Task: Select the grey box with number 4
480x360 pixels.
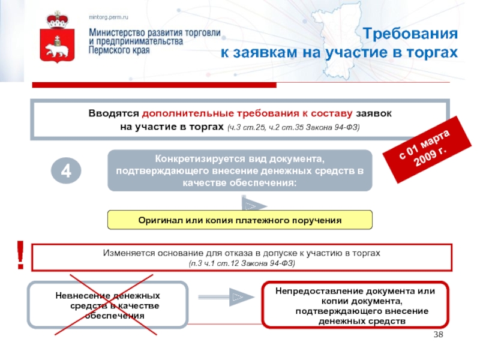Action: (x=67, y=170)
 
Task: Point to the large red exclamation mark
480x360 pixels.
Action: (x=20, y=254)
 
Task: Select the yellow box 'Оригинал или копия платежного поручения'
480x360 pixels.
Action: (x=239, y=220)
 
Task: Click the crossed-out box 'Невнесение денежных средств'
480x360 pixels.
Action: (x=108, y=305)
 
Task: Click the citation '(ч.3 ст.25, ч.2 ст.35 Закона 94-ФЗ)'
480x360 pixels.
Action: (x=293, y=128)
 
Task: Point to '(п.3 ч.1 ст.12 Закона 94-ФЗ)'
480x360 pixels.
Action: (x=241, y=264)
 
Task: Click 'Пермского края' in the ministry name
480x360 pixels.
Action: (x=119, y=52)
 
